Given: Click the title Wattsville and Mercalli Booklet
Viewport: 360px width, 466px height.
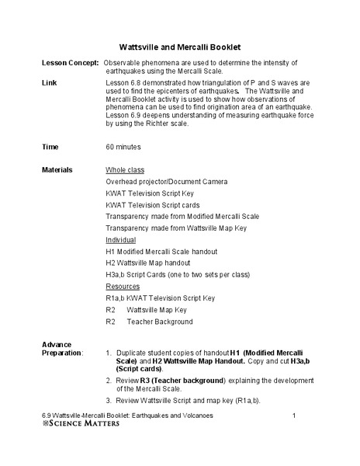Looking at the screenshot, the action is (179, 45).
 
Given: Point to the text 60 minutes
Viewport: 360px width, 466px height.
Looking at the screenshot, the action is (124, 146).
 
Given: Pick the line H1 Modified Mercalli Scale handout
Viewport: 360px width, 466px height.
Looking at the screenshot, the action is (161, 252).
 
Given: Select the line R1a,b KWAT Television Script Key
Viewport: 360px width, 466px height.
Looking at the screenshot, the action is (160, 298).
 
